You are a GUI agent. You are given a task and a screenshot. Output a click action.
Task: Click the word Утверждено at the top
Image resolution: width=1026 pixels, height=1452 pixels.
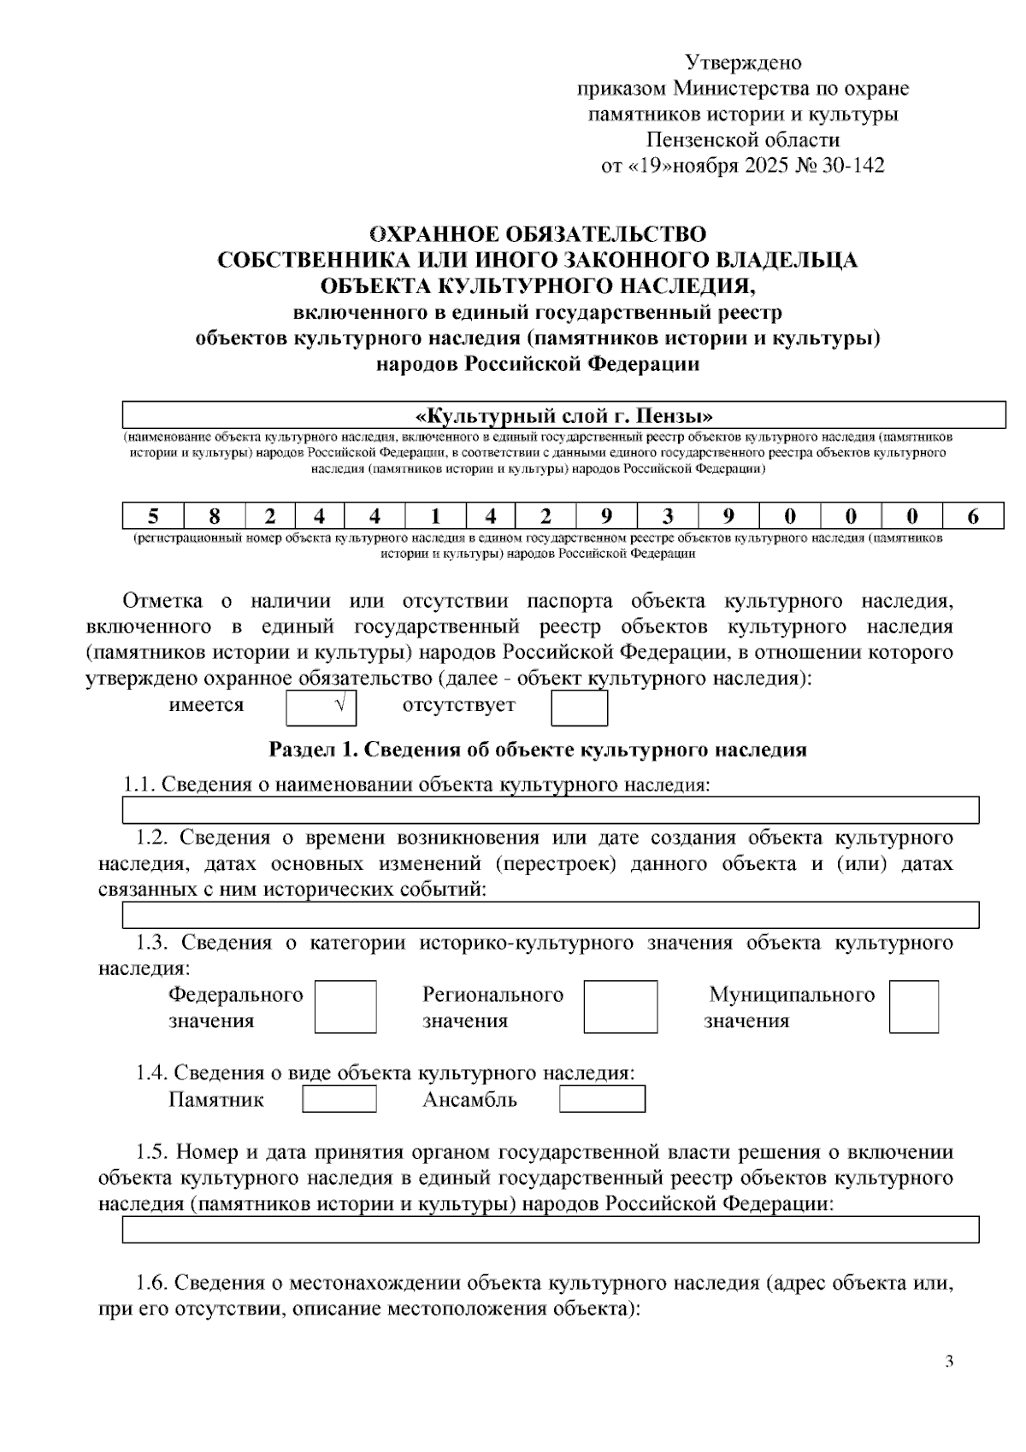[743, 62]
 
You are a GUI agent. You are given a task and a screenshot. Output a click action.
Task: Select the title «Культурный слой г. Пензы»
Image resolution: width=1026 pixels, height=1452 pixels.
[563, 416]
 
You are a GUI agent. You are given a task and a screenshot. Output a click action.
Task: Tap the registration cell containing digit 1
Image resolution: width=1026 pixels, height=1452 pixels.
[435, 516]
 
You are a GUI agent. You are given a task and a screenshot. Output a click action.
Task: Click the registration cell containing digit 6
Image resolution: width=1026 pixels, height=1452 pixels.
[973, 516]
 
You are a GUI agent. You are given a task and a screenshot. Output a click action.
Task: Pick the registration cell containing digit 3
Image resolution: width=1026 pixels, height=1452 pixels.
[667, 516]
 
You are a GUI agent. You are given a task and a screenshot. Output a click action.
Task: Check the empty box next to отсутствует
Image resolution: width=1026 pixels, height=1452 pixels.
[579, 708]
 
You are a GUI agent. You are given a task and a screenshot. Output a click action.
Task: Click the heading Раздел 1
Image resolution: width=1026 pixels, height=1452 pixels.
[538, 750]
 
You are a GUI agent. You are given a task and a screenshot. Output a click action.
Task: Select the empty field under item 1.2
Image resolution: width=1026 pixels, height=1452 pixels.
[551, 915]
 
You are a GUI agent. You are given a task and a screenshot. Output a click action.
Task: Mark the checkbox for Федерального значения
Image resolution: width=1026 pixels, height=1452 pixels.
[345, 1007]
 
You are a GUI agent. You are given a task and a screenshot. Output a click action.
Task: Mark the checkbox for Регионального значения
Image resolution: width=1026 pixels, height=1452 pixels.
[621, 1007]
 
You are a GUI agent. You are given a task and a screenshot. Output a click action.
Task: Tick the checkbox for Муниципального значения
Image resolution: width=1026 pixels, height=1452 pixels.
[913, 1007]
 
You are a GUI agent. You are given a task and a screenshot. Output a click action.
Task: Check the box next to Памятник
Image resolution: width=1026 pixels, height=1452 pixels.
[339, 1099]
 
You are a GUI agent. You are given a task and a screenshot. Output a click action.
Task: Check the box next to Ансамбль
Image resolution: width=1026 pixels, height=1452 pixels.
[602, 1099]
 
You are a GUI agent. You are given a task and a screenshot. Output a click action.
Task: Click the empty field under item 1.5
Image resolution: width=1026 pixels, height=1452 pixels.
[551, 1230]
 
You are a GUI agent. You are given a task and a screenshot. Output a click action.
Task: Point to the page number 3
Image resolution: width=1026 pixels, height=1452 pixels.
[949, 1361]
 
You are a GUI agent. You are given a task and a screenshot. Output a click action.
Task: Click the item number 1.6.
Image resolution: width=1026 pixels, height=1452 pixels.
[152, 1283]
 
